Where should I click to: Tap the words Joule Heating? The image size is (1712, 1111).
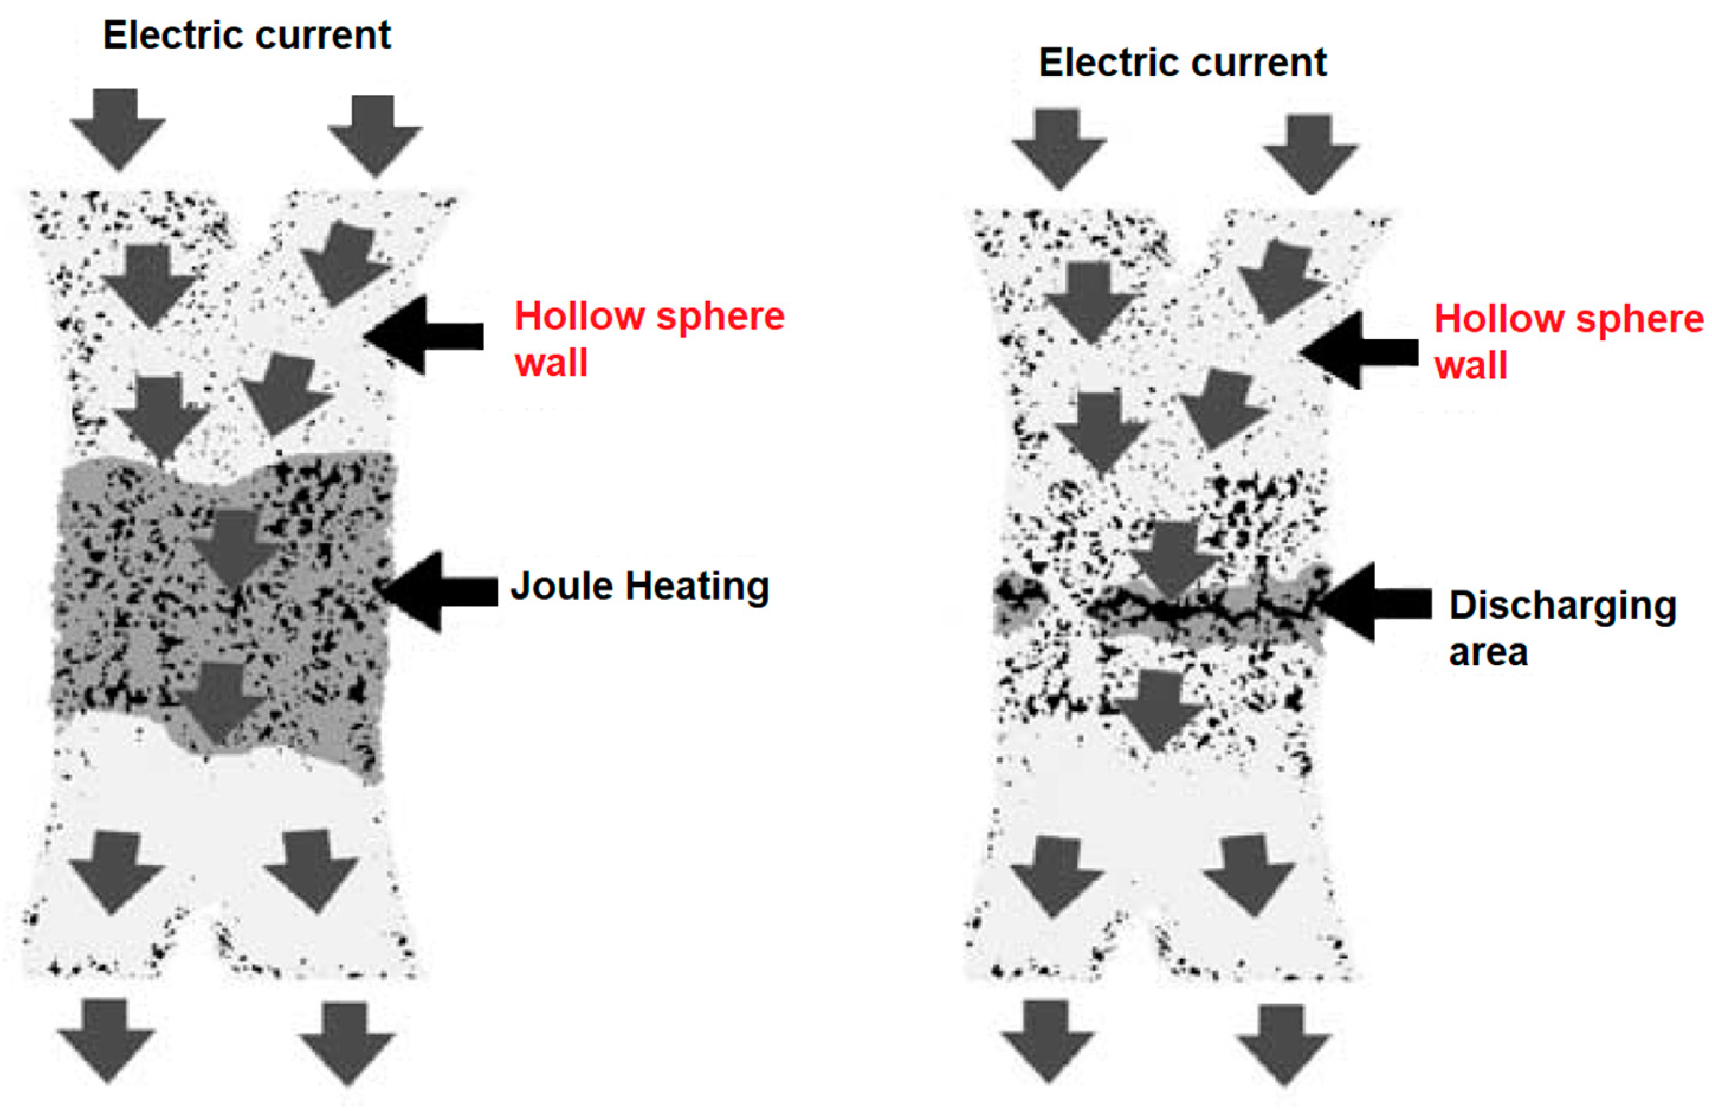tap(639, 586)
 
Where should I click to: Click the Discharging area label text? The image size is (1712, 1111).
tap(1561, 627)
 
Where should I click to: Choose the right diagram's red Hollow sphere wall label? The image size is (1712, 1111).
tap(1568, 341)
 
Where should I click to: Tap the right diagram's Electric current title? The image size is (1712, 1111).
tap(1182, 63)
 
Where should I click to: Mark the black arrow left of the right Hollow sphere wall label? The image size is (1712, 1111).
tap(1359, 351)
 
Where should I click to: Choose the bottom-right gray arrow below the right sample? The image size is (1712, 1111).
tap(1283, 1043)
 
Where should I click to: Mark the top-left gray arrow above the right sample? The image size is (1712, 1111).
tap(1059, 147)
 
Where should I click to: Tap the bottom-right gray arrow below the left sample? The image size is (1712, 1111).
tap(347, 1042)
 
